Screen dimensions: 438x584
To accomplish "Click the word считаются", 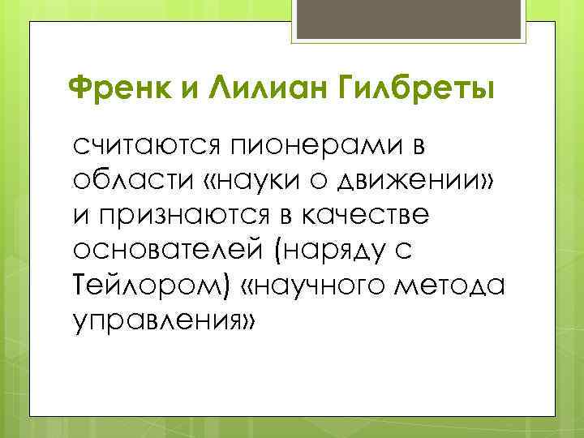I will pyautogui.click(x=150, y=148).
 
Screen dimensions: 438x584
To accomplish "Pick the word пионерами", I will pyautogui.click(x=320, y=148).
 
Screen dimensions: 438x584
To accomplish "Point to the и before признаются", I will pyautogui.click(x=81, y=218).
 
